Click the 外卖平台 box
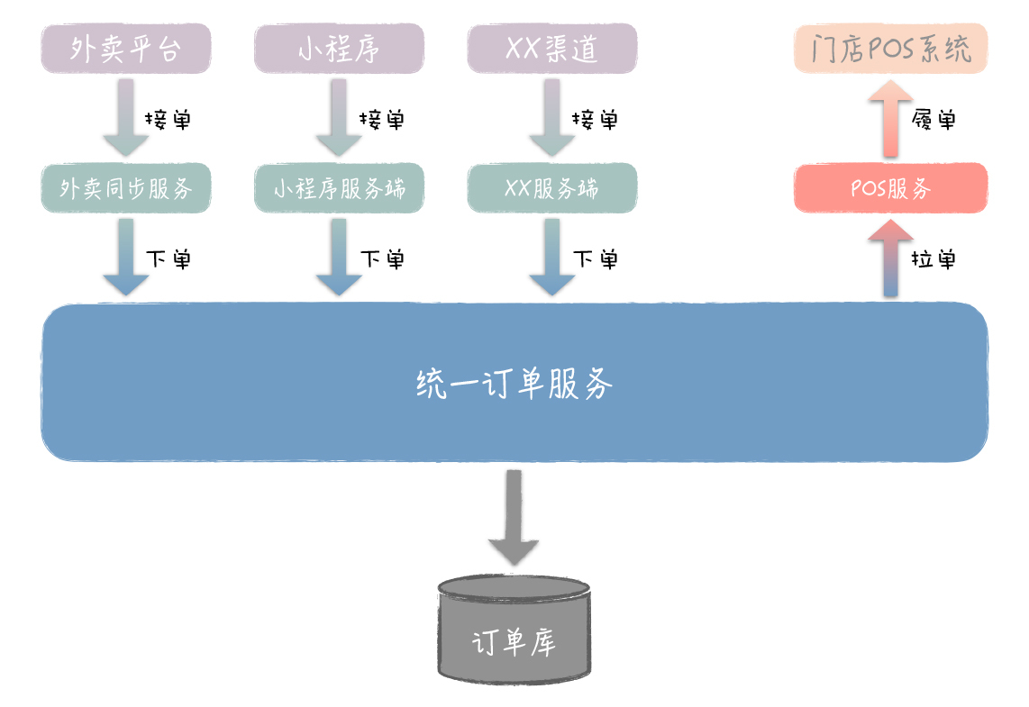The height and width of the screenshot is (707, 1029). pyautogui.click(x=126, y=49)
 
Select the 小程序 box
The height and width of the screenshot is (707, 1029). pyautogui.click(x=339, y=49)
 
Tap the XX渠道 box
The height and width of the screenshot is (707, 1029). pyautogui.click(x=551, y=49)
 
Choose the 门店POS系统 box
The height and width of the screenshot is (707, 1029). pyautogui.click(x=890, y=49)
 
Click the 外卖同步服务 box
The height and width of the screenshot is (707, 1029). pyautogui.click(x=126, y=188)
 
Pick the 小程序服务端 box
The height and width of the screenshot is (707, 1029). pyautogui.click(x=339, y=188)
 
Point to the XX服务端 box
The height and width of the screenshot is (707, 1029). pyautogui.click(x=551, y=188)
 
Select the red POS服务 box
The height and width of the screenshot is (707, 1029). pyautogui.click(x=890, y=188)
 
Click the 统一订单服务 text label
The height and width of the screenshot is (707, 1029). pyautogui.click(x=514, y=385)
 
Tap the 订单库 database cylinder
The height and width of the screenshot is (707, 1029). pyautogui.click(x=514, y=630)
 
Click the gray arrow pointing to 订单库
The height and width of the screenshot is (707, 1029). pyautogui.click(x=514, y=518)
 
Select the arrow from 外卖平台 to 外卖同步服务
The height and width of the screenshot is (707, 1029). pyautogui.click(x=126, y=117)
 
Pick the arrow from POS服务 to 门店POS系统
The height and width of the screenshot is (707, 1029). pyautogui.click(x=890, y=117)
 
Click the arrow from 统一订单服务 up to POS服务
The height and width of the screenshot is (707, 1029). pyautogui.click(x=890, y=258)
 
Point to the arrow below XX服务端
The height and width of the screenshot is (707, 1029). pyautogui.click(x=551, y=258)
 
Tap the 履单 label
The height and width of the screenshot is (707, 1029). pyautogui.click(x=933, y=119)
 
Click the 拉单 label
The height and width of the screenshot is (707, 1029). pyautogui.click(x=933, y=259)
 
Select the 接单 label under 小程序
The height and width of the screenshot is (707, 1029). pyautogui.click(x=382, y=119)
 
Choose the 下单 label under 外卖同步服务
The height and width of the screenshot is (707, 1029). pyautogui.click(x=169, y=259)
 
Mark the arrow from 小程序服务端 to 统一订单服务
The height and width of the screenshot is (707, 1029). pyautogui.click(x=339, y=258)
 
